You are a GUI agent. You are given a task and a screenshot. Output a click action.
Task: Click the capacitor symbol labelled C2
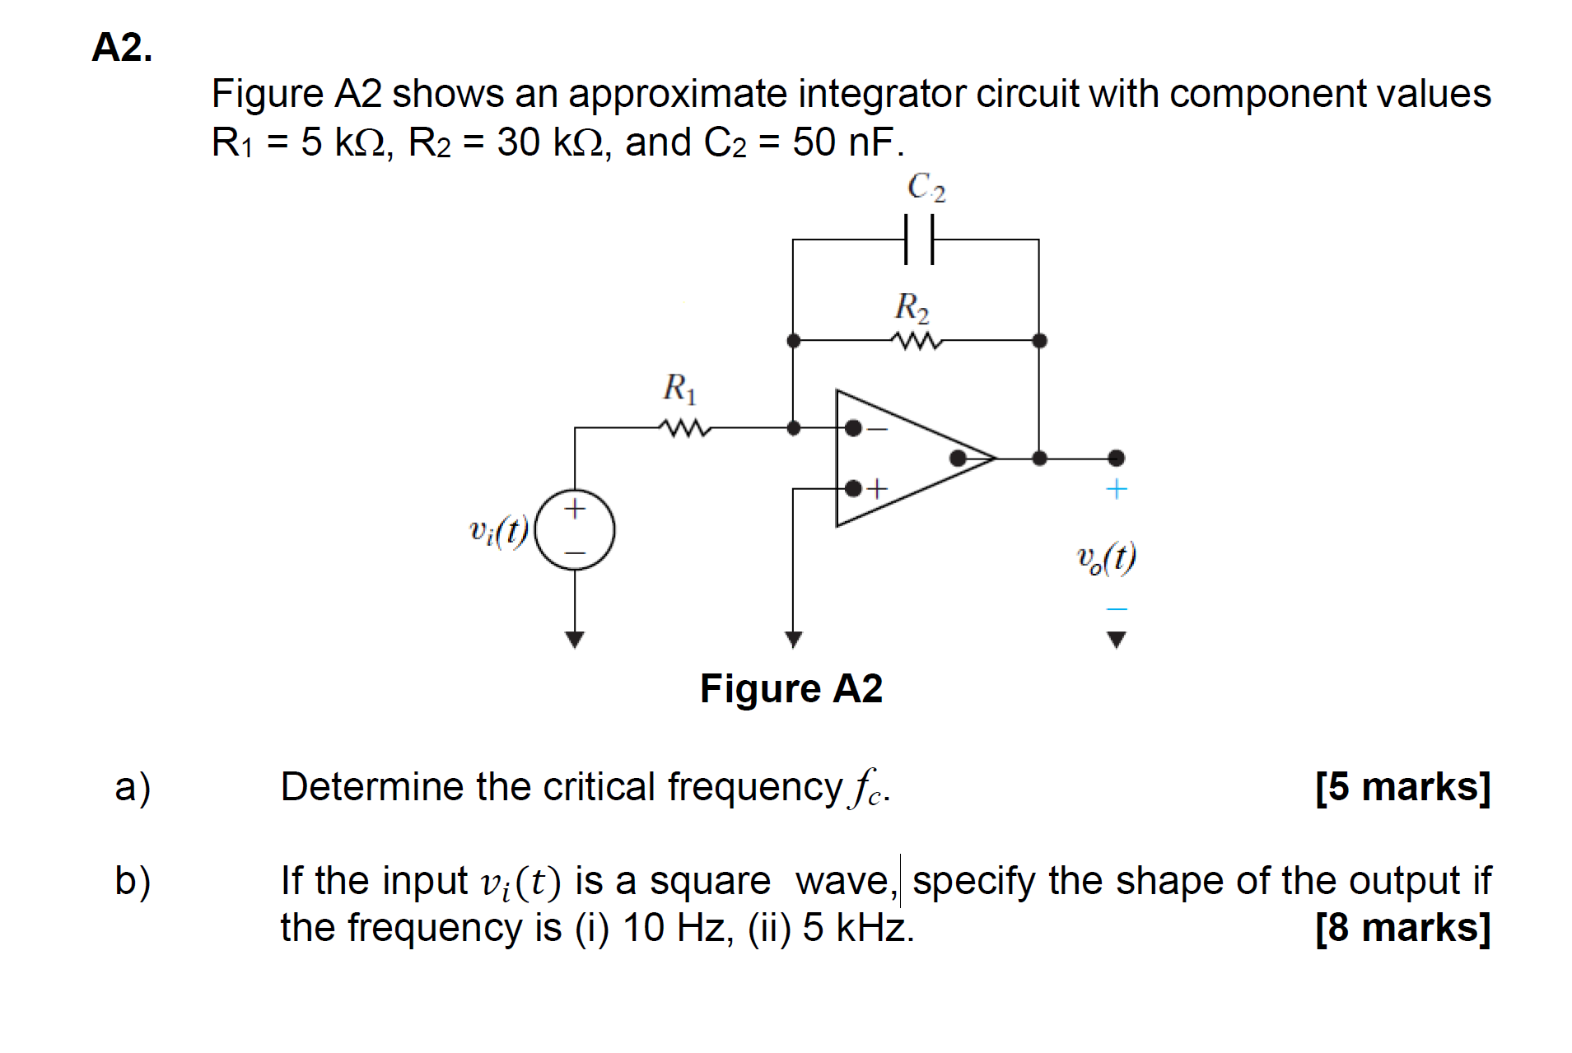918,240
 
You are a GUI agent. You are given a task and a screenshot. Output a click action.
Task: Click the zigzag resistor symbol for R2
916,340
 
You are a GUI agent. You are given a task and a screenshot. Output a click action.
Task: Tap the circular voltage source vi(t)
575,530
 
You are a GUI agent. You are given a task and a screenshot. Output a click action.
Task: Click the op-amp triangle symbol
906,458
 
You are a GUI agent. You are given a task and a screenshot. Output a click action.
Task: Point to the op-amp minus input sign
878,429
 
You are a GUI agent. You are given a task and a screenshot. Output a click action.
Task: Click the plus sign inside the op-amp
878,488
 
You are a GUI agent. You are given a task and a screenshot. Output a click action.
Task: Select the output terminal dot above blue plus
1116,458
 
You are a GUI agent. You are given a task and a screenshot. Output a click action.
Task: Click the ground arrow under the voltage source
575,639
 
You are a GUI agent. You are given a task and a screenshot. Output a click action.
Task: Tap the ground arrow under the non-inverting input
793,639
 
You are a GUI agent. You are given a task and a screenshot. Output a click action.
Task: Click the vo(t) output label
1107,558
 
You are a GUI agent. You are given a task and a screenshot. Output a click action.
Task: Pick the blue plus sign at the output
1116,489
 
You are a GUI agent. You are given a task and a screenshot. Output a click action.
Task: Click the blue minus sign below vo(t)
1116,608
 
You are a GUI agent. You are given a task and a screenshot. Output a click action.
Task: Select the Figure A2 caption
791,688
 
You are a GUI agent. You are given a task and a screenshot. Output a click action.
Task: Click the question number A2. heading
122,48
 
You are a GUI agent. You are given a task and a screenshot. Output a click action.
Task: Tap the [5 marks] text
1402,786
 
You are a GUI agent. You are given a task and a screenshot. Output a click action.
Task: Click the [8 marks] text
1402,927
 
